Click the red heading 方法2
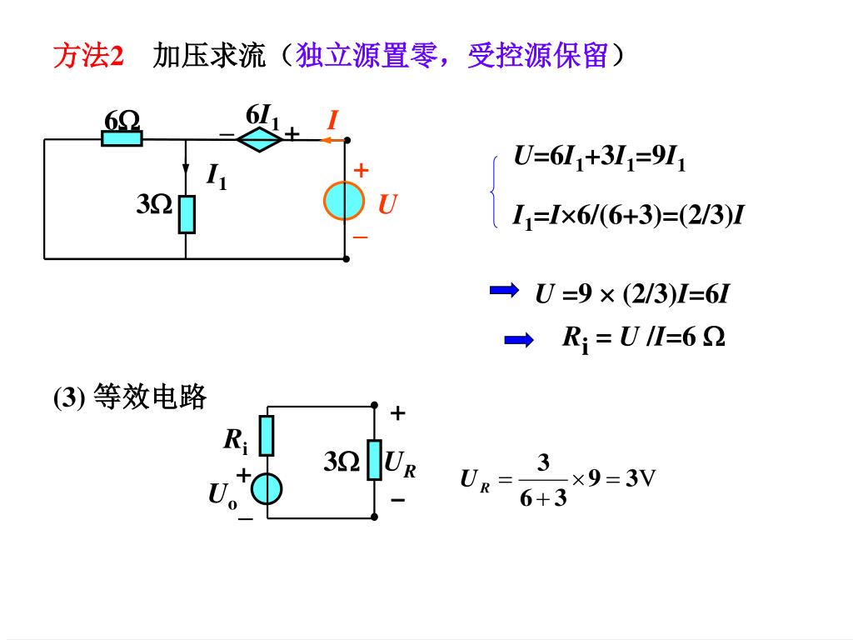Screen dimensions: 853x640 pyautogui.click(x=88, y=57)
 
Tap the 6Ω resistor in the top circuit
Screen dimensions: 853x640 pyautogui.click(x=122, y=138)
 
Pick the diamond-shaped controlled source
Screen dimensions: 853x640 pyautogui.click(x=260, y=139)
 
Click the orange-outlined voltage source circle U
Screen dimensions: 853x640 pyautogui.click(x=344, y=200)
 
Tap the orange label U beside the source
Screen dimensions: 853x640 pyautogui.click(x=387, y=203)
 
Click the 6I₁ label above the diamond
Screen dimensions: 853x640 pyautogui.click(x=262, y=116)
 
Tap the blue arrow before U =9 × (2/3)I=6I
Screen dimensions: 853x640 pyautogui.click(x=504, y=290)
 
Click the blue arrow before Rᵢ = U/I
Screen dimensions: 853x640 pyautogui.click(x=518, y=339)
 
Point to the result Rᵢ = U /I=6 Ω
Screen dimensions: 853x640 pyautogui.click(x=643, y=337)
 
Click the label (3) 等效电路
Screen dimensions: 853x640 pyautogui.click(x=130, y=397)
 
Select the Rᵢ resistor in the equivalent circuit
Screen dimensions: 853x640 pyautogui.click(x=267, y=436)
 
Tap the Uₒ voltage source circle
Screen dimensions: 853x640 pyautogui.click(x=267, y=489)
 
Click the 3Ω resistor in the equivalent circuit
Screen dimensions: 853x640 pyautogui.click(x=374, y=460)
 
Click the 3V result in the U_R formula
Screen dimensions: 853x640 pyautogui.click(x=641, y=478)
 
